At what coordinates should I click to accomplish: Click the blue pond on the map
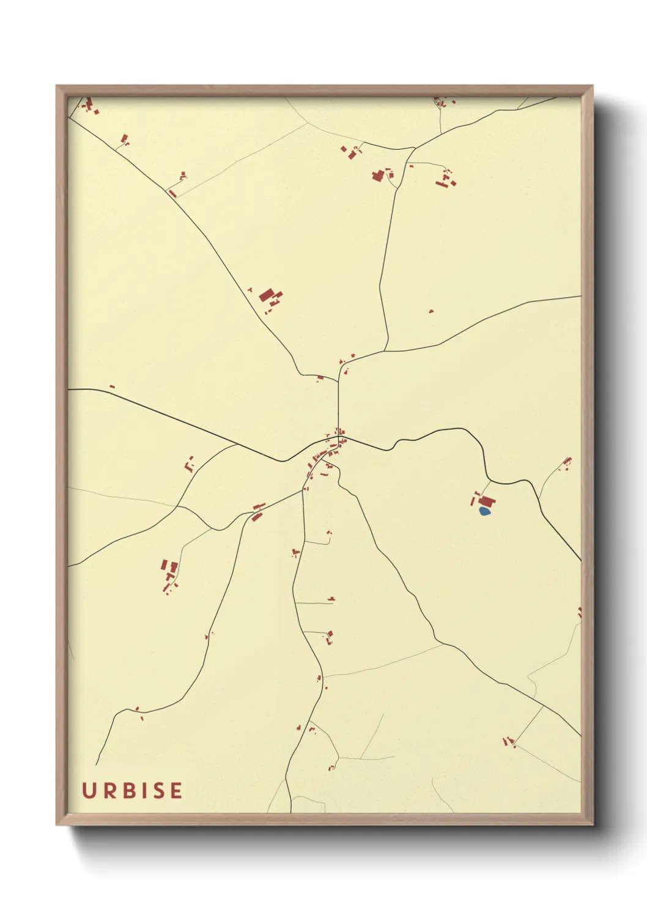tap(484, 511)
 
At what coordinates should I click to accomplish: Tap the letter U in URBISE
tap(88, 791)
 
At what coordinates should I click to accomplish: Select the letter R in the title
tap(108, 791)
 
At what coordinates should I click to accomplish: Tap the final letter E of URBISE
tap(176, 791)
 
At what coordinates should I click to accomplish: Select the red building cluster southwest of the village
tap(169, 573)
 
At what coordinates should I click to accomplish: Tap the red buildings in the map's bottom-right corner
tap(508, 742)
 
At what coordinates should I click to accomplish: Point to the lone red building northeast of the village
tap(431, 311)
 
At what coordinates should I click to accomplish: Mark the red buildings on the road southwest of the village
tap(257, 512)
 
